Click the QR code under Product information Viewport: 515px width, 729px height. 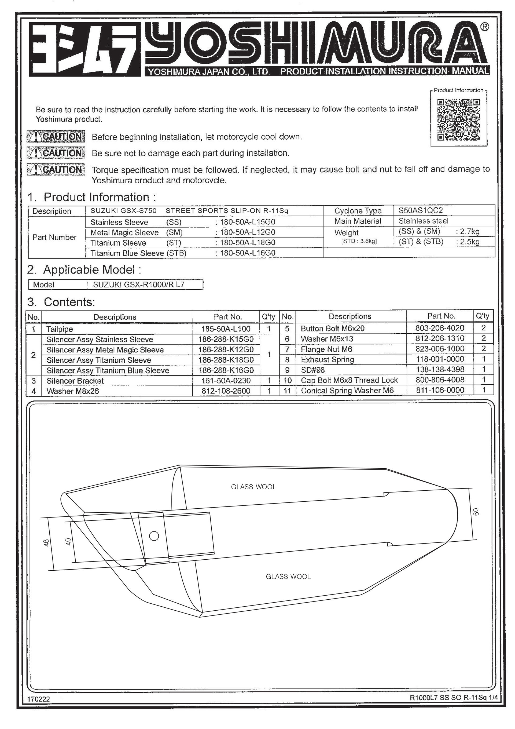click(x=458, y=119)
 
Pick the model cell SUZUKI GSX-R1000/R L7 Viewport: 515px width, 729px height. click(x=139, y=285)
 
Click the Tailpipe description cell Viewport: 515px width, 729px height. click(x=60, y=329)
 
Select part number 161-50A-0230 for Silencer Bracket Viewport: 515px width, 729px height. click(x=226, y=380)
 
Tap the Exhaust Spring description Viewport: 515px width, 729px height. click(x=327, y=359)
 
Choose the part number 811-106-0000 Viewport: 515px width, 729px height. click(x=440, y=390)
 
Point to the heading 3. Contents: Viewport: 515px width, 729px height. click(x=61, y=302)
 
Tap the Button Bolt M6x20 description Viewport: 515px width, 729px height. click(x=333, y=328)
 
